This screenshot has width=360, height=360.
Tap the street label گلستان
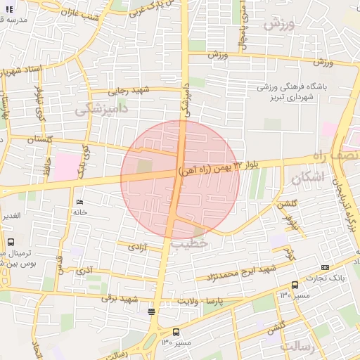40,141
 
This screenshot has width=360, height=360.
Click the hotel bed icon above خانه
79,202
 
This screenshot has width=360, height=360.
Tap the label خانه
79,212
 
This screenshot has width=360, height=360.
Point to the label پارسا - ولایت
211,301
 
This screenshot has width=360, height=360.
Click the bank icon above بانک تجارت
325,267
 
